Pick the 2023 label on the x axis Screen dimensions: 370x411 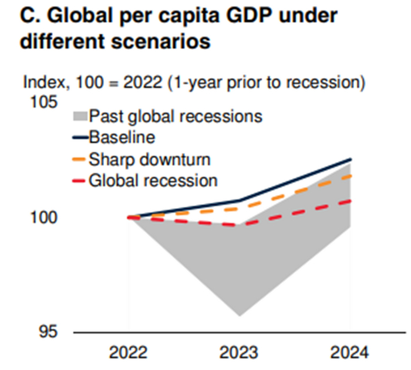coord(240,353)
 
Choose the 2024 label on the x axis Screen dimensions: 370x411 coord(349,353)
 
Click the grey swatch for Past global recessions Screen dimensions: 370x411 coord(80,116)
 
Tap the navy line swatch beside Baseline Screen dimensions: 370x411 coord(80,138)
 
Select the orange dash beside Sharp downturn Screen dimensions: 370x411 coord(80,159)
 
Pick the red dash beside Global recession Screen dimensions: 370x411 coord(80,181)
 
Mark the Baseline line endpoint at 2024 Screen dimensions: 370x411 coord(351,159)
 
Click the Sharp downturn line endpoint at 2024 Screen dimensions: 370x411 coord(351,175)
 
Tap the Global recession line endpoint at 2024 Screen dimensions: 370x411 coord(351,201)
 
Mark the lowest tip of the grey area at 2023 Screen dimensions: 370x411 coord(240,316)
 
